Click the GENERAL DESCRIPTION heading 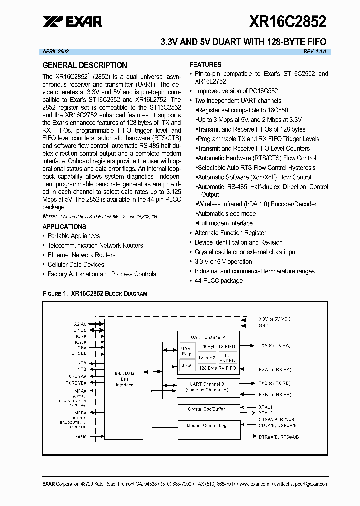tap(85, 65)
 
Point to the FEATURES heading tap(205, 65)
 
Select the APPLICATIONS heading tap(64, 227)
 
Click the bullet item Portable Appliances tap(73, 236)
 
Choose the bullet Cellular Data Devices tap(76, 264)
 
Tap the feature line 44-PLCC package tap(218, 281)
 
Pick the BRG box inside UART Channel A tap(186, 365)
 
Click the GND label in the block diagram tap(263, 325)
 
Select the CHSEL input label tap(79, 353)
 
